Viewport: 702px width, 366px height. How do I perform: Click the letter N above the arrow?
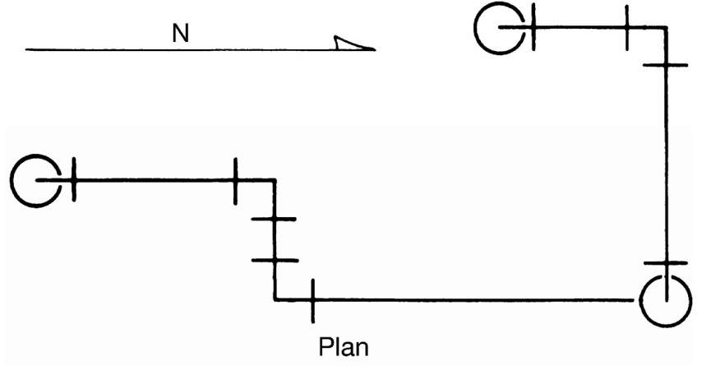pos(180,33)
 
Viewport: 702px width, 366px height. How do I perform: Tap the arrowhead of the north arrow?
pos(353,43)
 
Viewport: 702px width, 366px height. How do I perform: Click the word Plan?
pos(344,347)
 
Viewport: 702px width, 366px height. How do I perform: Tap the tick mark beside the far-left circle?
pos(74,179)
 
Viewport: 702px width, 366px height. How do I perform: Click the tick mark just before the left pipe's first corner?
pos(235,181)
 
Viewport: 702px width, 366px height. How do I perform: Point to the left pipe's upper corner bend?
pos(275,181)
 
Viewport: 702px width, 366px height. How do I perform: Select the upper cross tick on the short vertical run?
pos(274,219)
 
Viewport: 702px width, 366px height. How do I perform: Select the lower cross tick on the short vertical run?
pos(275,260)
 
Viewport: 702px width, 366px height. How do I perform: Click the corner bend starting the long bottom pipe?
pos(275,299)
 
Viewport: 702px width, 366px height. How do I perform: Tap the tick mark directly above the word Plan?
pos(313,300)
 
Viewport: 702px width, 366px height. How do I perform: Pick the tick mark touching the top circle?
pos(533,27)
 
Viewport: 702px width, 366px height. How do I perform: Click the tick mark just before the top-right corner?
pos(626,28)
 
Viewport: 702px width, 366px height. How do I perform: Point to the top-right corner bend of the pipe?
pos(666,28)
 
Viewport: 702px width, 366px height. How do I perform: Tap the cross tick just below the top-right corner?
pos(665,66)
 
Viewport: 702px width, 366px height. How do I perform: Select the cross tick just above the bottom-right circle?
pos(665,263)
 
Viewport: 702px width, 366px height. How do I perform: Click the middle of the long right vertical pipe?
pos(666,164)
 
